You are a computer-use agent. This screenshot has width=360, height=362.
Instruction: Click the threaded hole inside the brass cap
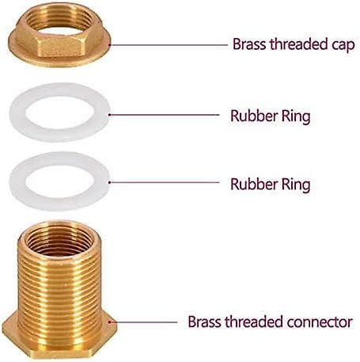[x=59, y=20]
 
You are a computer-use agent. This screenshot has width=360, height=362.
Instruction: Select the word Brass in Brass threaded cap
[x=250, y=44]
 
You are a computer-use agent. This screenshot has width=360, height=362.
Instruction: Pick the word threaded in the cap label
[x=299, y=44]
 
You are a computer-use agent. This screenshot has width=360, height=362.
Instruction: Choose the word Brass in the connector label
[x=205, y=322]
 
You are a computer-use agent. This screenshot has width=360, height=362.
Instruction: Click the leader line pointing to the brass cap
[x=169, y=45]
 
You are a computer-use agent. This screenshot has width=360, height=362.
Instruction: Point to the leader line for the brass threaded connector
[x=143, y=322]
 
